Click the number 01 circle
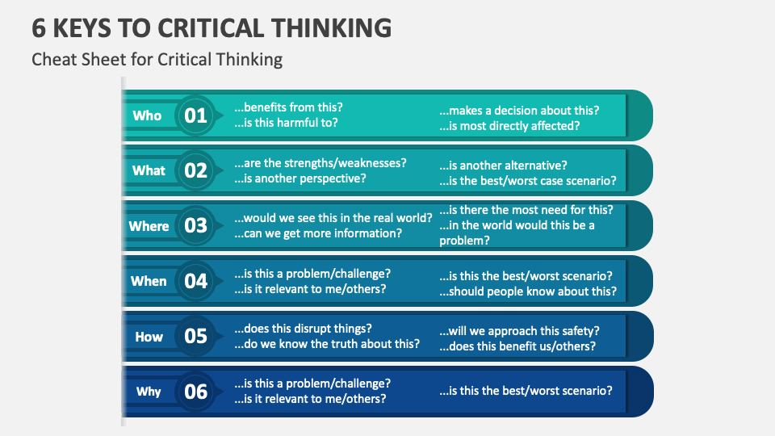pos(195,115)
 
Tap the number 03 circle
pos(195,226)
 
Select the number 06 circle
pos(195,392)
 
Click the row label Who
pos(147,115)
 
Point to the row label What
pos(149,170)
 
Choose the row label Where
pos(149,226)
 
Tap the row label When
pos(149,281)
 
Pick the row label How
pos(149,337)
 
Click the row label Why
pos(149,392)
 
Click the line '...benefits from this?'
pos(288,107)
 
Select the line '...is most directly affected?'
pos(509,126)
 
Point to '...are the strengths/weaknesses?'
pos(320,162)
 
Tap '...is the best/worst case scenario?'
pos(527,181)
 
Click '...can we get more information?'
pos(317,233)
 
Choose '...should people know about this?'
pos(527,291)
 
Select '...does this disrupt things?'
pos(303,329)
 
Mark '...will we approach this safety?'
pos(519,331)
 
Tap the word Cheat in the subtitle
pos(52,59)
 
